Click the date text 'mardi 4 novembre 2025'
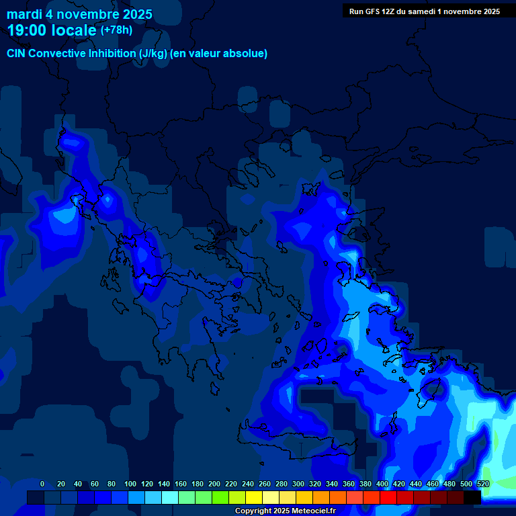(79, 14)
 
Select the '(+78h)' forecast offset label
(116, 30)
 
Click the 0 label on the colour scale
(42, 484)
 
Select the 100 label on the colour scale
(130, 484)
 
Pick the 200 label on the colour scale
(214, 484)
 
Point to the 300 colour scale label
(298, 484)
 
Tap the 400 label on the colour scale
(382, 484)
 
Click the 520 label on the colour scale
(482, 484)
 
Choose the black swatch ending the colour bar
(472, 497)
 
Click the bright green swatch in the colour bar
(220, 497)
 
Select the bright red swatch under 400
(388, 497)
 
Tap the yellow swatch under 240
(254, 497)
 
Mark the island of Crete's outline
(296, 430)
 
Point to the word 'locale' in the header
(73, 30)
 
